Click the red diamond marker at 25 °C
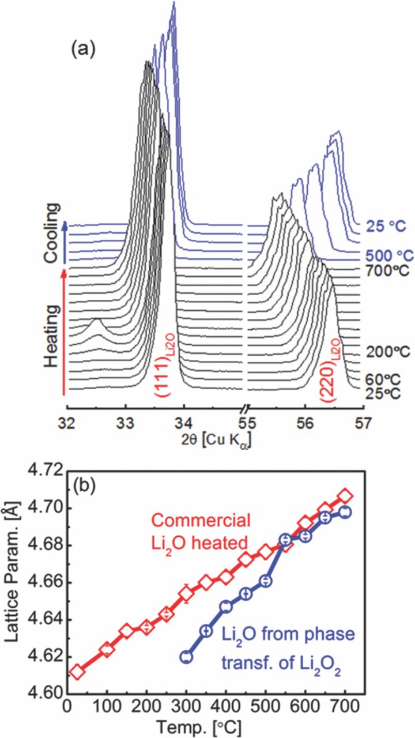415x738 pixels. (x=77, y=672)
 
